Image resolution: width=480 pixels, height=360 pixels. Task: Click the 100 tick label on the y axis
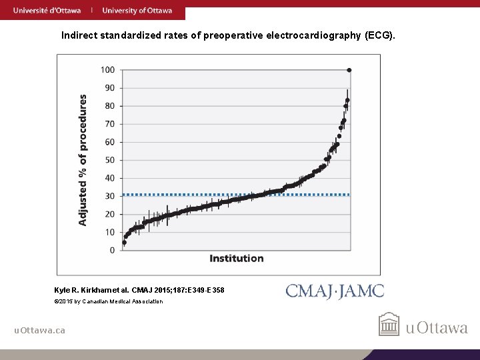(x=107, y=70)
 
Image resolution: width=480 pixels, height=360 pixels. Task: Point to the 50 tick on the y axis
(x=109, y=160)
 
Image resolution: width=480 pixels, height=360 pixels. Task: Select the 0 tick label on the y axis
(x=112, y=250)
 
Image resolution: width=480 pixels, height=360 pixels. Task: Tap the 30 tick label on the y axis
(x=109, y=196)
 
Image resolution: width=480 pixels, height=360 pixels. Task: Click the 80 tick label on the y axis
(x=109, y=106)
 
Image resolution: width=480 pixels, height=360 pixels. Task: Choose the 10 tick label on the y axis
(x=109, y=232)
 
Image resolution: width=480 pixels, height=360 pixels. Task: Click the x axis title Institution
(x=237, y=258)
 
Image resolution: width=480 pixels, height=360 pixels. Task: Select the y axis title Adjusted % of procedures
(x=83, y=159)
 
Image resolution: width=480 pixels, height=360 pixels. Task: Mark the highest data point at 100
(x=349, y=70)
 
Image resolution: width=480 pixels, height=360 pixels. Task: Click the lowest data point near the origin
(x=124, y=243)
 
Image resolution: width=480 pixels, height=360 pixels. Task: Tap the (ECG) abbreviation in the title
(x=379, y=34)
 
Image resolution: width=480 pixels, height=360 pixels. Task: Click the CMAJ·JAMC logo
(x=335, y=291)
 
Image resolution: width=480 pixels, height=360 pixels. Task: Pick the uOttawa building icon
(x=389, y=325)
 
